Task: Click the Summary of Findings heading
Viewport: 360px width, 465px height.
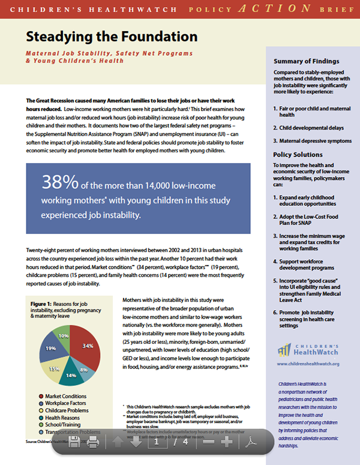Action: (x=306, y=61)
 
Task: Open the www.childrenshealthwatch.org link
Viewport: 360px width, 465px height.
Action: (x=308, y=364)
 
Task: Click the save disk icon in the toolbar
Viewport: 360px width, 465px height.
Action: (x=74, y=443)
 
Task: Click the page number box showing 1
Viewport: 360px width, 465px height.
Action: (x=156, y=443)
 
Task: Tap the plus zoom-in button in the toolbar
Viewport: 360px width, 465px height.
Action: (x=226, y=443)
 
